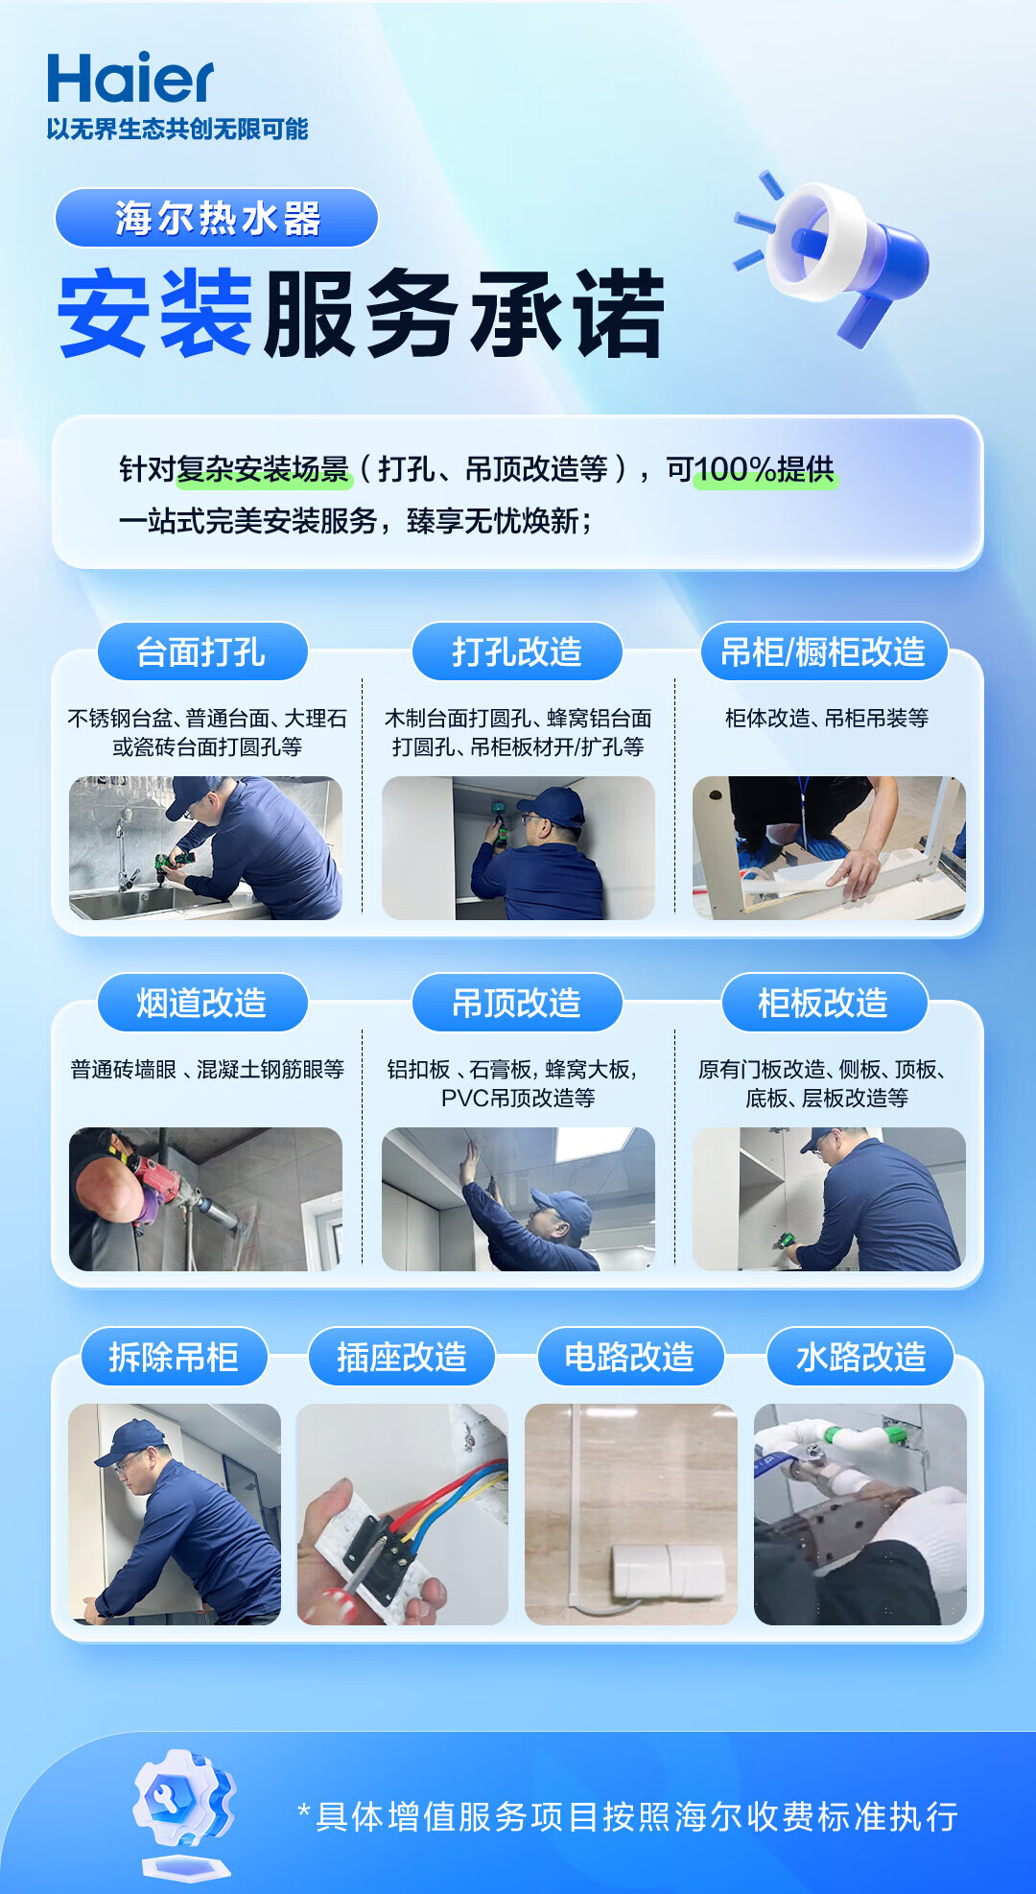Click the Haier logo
(x=129, y=78)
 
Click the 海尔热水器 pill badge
(x=217, y=218)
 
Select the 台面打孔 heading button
(x=201, y=651)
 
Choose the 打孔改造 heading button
(x=517, y=651)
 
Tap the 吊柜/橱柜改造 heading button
(x=823, y=651)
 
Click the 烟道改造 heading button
(x=201, y=1003)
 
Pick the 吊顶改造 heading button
(x=517, y=1003)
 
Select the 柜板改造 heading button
(x=823, y=1003)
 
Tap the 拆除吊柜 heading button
(x=174, y=1357)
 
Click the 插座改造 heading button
(x=402, y=1357)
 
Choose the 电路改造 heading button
(x=629, y=1357)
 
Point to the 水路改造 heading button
(x=860, y=1357)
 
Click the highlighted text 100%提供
(x=765, y=469)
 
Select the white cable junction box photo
(x=631, y=1514)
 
